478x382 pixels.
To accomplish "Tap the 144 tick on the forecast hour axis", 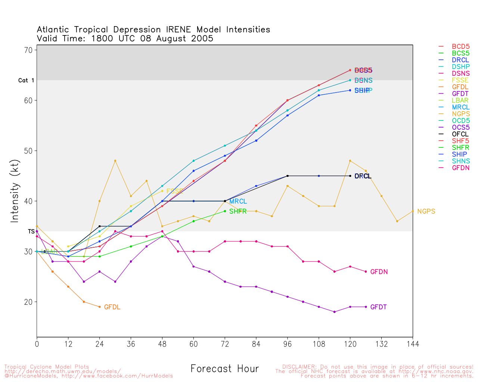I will tap(413, 344).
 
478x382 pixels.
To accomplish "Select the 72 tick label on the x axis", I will tap(225, 344).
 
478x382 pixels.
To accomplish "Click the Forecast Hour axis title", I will tap(224, 369).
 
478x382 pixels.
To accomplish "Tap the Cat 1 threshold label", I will tap(26, 81).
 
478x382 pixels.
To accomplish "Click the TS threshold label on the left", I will tap(31, 232).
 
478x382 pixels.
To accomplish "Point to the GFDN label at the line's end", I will tap(379, 272).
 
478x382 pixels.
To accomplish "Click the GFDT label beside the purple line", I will tap(378, 307).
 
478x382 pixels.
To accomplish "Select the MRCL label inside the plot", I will tap(238, 201).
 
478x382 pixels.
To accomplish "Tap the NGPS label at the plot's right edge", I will tap(426, 212).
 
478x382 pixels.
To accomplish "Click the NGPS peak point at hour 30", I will tap(115, 161).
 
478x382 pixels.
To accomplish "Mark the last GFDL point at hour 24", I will tap(99, 307).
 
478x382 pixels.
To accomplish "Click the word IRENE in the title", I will tap(178, 30).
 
